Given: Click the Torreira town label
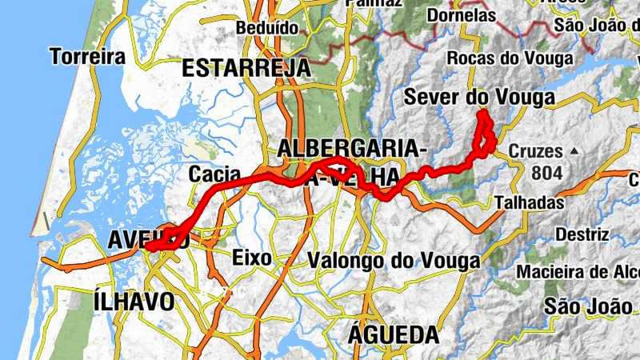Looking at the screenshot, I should click(x=87, y=57).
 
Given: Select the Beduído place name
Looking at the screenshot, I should click(x=267, y=28).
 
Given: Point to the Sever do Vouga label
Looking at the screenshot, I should click(x=478, y=98).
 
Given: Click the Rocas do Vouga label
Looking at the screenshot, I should click(x=510, y=58).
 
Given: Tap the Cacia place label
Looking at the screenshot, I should click(x=210, y=174).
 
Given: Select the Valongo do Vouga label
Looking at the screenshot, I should click(x=394, y=261).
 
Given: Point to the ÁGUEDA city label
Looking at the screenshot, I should click(x=394, y=334).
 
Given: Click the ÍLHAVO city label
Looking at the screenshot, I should click(x=134, y=302).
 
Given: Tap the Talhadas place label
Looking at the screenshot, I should click(x=529, y=202).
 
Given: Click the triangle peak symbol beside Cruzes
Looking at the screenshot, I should click(x=574, y=150).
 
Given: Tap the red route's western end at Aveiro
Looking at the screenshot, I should click(x=147, y=248).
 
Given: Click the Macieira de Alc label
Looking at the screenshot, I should click(x=576, y=272).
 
